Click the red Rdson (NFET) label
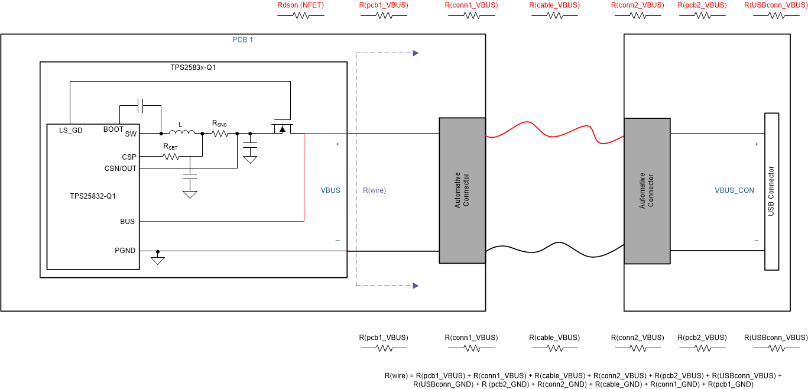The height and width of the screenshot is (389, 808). tap(301, 5)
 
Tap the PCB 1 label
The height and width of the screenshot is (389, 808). tap(242, 40)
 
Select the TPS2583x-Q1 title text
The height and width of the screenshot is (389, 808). tap(193, 68)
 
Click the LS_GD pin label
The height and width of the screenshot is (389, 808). tap(70, 129)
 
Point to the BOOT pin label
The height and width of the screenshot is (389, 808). tap(113, 129)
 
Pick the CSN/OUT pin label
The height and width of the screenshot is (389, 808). tap(121, 168)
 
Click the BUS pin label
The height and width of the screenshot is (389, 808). tap(127, 222)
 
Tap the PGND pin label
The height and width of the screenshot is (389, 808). tap(125, 251)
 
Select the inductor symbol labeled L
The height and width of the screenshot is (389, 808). tap(181, 133)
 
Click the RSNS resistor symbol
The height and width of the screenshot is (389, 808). tap(220, 134)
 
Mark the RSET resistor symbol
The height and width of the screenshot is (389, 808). tap(171, 157)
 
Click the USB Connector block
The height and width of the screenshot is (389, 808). tap(771, 191)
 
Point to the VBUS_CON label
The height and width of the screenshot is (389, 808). tap(734, 190)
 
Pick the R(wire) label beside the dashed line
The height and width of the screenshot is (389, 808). tap(374, 190)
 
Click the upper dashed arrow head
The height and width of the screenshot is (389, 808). tap(416, 53)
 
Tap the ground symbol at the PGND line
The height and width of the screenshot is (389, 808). tap(157, 259)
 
